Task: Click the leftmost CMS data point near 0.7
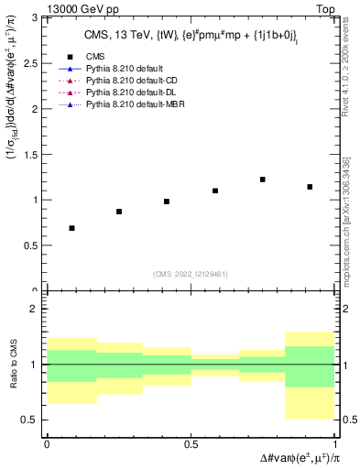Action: tap(71, 228)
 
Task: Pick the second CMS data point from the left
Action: tap(119, 212)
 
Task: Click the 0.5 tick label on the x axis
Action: tap(191, 444)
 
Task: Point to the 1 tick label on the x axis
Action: tap(333, 444)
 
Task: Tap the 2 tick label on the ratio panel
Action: tap(34, 310)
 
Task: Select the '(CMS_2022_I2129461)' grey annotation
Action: tap(191, 273)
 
